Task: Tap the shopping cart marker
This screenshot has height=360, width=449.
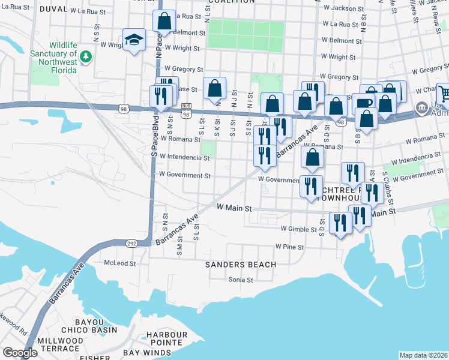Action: [x=444, y=93]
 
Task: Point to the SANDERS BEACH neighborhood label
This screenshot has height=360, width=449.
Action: [x=241, y=265]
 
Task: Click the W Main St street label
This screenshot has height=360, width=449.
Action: [x=233, y=208]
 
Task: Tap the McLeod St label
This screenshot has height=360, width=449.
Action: [x=120, y=263]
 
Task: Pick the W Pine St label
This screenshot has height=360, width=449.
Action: [x=290, y=247]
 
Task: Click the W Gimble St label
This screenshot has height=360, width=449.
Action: [x=298, y=229]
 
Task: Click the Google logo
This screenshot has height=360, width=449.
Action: [x=20, y=353]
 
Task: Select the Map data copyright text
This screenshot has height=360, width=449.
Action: [x=423, y=355]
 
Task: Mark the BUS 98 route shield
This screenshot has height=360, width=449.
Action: [x=186, y=112]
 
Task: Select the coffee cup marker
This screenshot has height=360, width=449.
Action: [x=363, y=102]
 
